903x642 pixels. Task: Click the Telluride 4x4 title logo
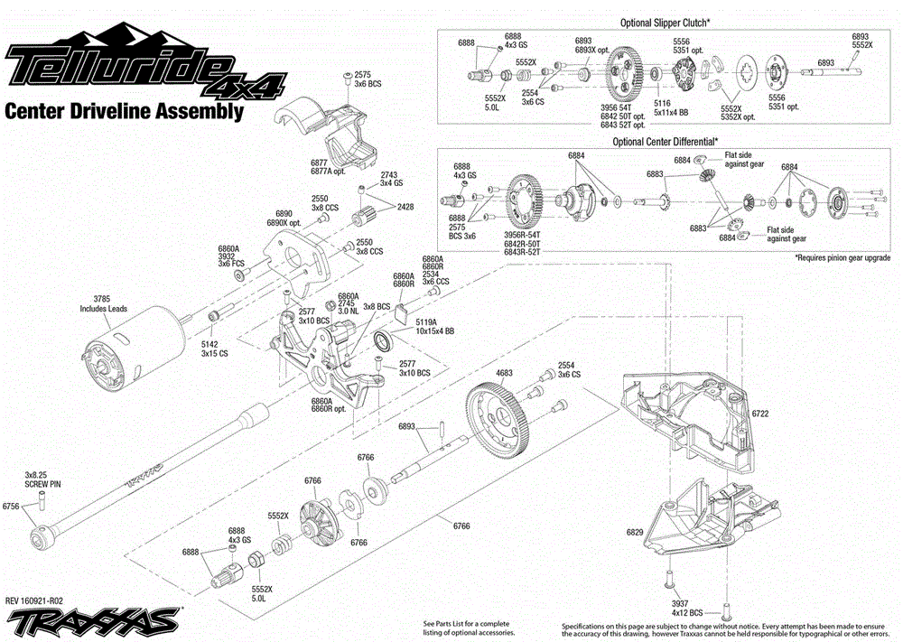point(144,68)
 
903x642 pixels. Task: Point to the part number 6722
point(760,414)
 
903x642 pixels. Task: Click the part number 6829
point(635,532)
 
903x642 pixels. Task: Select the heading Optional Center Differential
point(666,142)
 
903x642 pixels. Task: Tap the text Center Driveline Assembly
point(124,112)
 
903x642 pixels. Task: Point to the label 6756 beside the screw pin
point(11,507)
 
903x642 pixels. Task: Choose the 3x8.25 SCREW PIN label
point(42,479)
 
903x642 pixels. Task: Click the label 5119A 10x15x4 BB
point(426,326)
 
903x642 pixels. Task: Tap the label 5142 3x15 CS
point(214,349)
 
